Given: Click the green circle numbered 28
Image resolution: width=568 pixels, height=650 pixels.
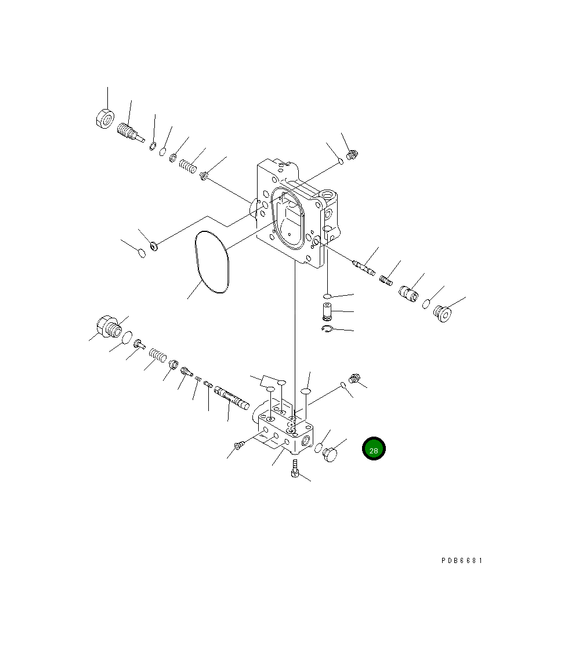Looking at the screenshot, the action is point(374,449).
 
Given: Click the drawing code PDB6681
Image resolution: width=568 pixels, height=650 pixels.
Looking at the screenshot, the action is point(462,561).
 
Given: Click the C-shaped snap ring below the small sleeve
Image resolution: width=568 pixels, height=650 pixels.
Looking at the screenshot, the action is point(327,329).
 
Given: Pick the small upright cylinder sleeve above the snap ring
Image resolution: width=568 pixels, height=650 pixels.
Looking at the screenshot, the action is point(327,311).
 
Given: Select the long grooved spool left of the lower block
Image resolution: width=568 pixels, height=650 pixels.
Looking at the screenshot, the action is point(231,397).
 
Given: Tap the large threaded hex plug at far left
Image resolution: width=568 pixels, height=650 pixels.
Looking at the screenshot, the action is point(109,326).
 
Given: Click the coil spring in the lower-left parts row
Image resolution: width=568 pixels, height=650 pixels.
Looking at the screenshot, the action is point(158,355).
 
